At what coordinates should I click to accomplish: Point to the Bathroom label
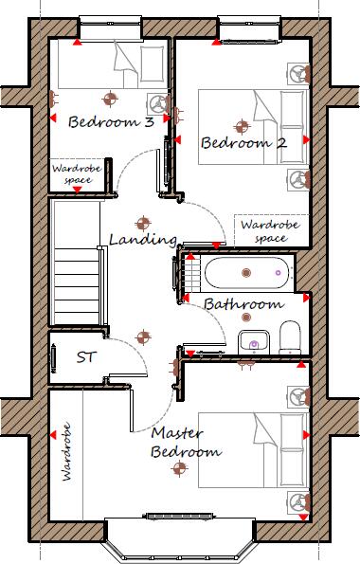[x=243, y=304]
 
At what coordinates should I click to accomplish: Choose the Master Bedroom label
[x=186, y=443]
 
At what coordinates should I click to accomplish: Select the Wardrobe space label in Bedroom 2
[x=262, y=232]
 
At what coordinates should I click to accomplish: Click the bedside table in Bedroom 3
[x=154, y=102]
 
